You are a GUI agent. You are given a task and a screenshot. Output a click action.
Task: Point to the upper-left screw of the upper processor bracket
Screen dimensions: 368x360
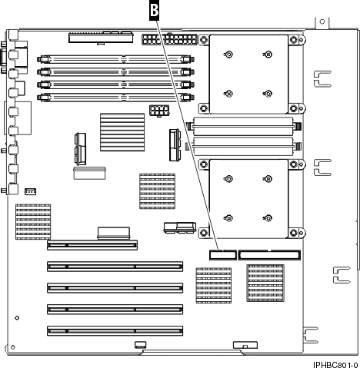228,54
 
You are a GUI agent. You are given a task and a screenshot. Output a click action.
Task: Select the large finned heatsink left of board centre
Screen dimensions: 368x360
122,131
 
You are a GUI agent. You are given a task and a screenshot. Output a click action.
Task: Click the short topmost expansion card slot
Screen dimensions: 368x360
92,247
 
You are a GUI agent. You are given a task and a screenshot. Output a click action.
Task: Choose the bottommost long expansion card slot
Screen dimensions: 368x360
115,330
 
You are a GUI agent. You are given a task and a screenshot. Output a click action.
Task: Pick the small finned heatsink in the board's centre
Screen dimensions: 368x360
156,191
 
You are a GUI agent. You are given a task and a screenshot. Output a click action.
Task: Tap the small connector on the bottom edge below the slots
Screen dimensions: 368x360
139,345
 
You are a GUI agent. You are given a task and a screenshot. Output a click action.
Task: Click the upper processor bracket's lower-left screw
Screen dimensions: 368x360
228,90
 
